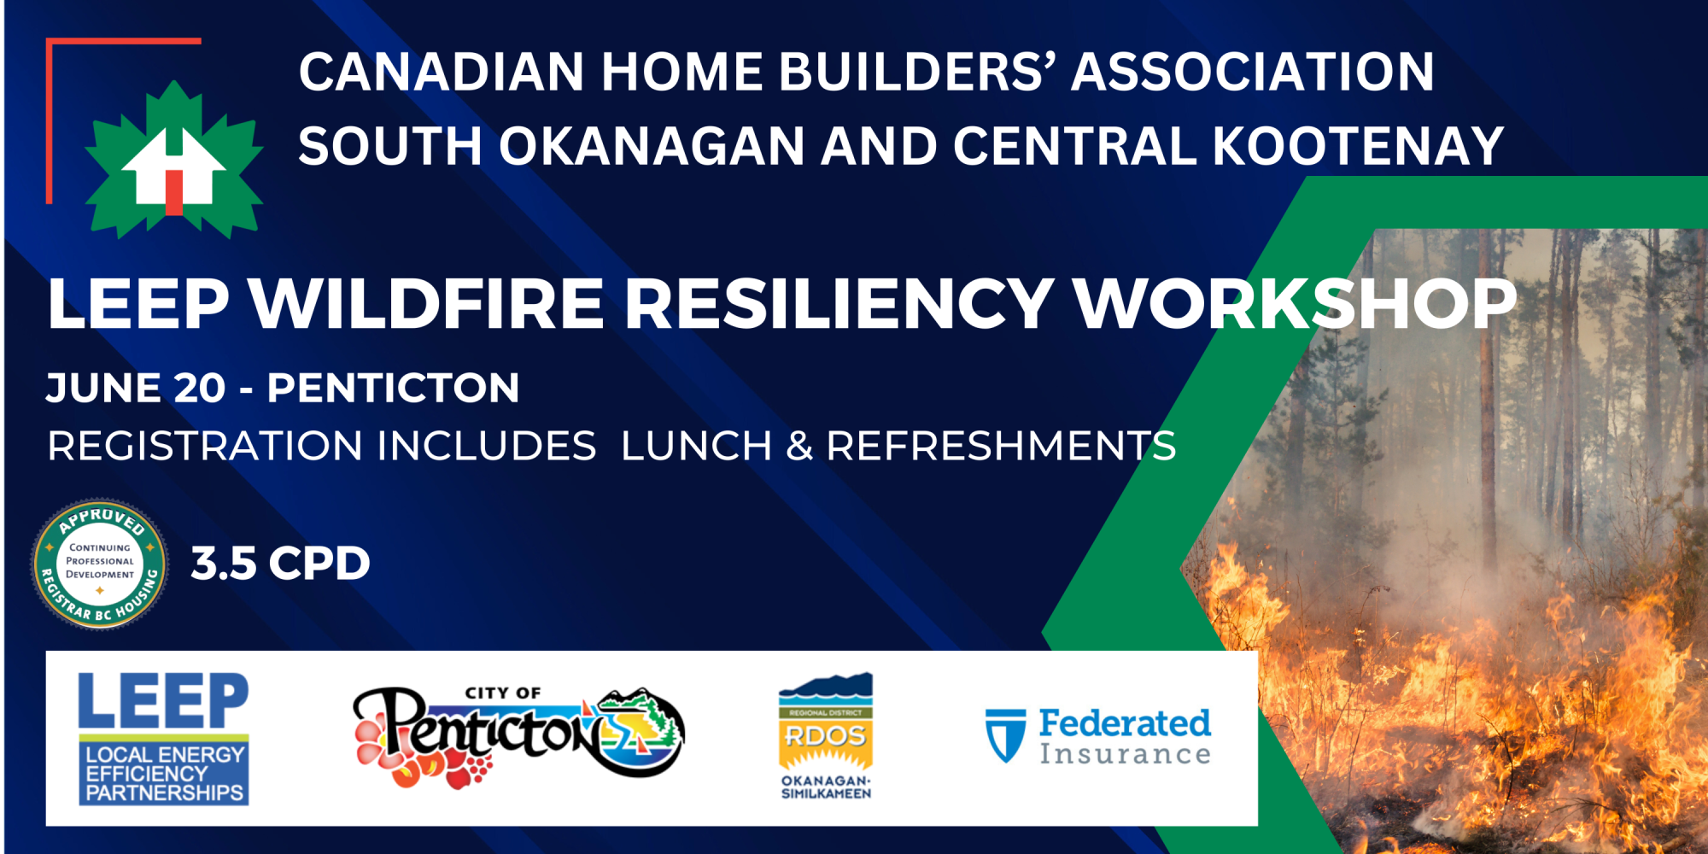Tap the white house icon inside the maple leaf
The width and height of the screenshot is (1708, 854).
click(174, 168)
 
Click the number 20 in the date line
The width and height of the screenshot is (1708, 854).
click(199, 388)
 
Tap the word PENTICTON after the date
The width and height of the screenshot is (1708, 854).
click(394, 388)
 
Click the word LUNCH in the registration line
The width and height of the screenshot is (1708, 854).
click(696, 446)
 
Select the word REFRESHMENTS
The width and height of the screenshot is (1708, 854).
click(1001, 446)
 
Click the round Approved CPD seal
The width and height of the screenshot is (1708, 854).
click(100, 564)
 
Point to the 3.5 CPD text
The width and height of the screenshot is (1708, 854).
click(280, 564)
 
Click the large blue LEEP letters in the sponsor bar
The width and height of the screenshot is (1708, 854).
click(163, 701)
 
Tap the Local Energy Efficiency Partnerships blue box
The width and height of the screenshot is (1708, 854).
click(164, 772)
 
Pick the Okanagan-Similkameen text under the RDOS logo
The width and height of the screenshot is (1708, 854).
click(826, 787)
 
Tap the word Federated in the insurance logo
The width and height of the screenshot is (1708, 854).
click(1125, 723)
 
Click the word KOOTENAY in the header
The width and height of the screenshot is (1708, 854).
click(1358, 146)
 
